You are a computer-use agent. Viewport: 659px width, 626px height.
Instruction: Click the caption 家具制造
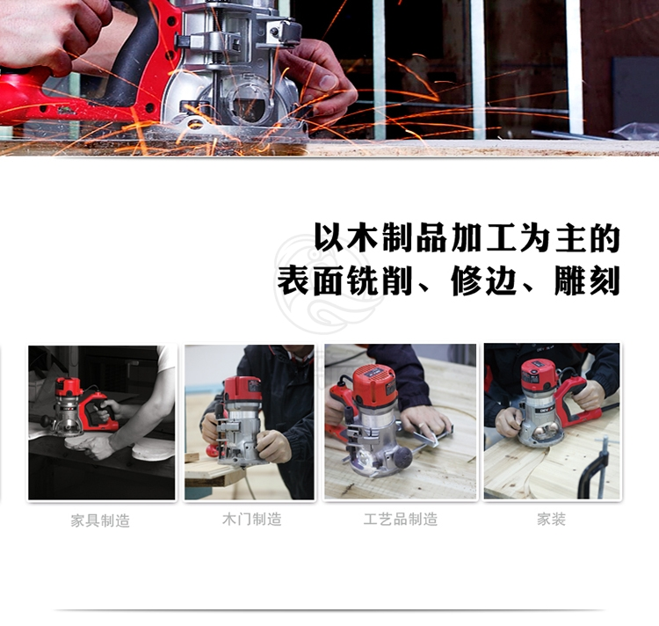[100, 520]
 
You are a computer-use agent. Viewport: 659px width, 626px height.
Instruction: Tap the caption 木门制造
[252, 520]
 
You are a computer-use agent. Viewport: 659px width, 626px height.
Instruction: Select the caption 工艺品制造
[401, 520]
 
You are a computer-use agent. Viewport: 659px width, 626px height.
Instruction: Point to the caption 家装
[551, 520]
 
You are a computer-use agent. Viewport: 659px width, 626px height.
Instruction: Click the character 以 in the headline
[329, 238]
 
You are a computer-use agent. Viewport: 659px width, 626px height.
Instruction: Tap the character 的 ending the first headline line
[605, 238]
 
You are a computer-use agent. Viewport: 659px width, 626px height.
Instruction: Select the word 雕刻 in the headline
[587, 280]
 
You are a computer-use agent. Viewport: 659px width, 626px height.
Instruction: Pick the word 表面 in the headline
[310, 280]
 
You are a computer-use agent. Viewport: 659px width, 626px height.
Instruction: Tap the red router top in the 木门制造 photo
[243, 388]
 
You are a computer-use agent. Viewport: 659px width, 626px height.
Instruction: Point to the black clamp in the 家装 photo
[596, 468]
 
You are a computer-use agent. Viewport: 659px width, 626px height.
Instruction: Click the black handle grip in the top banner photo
[131, 55]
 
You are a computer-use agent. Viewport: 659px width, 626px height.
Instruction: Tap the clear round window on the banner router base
[251, 102]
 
